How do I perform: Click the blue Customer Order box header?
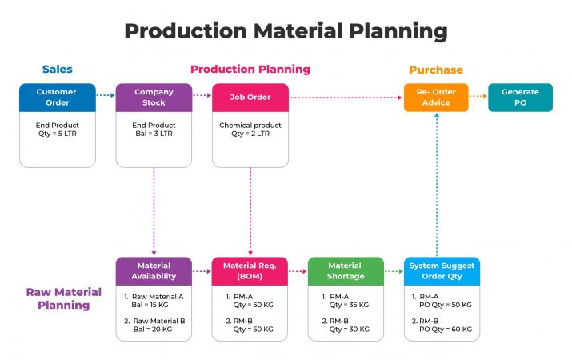point(57,97)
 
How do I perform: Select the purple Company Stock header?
point(154,97)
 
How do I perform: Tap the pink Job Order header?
point(250,97)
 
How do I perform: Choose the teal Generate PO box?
point(520,97)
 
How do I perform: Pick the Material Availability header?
point(154,271)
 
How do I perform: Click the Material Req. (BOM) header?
point(250,271)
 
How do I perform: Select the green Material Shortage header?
point(346,271)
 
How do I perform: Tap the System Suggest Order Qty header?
point(442,271)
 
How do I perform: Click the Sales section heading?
point(57,70)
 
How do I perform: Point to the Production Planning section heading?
point(250,70)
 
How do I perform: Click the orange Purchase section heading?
point(436,70)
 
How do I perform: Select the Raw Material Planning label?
point(58,298)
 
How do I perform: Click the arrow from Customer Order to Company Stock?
point(106,96)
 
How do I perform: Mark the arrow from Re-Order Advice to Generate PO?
point(478,97)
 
